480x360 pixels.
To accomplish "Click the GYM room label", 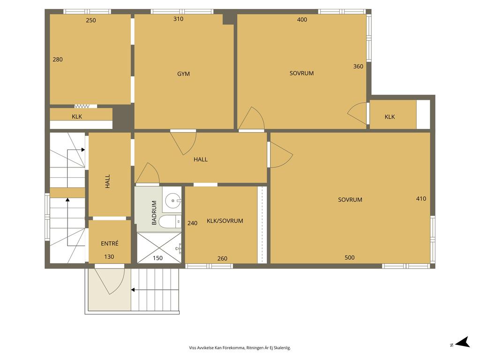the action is pos(183,74).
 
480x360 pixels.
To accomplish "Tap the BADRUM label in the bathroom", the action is pos(154,213).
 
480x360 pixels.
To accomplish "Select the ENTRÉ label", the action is pos(110,243).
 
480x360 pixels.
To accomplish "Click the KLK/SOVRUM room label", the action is pos(225,221).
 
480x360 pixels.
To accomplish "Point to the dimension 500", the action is pos(350,257).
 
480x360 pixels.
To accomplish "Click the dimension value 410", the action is pos(421,198).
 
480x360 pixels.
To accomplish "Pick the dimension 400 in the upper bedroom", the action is pos(302,20).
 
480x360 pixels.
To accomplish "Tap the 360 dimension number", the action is pos(358,66).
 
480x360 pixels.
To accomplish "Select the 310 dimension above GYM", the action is pos(178,19).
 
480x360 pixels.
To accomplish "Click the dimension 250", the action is pos(91,20).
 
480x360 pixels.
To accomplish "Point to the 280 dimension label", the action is pos(58,60).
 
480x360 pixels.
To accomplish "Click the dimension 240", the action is pos(192,223).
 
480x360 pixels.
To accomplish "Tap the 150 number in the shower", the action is pos(157,258).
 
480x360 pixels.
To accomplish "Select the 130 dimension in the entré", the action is pos(109,257).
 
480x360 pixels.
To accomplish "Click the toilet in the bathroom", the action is pos(170,222).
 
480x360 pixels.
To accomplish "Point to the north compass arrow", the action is pos(463,342).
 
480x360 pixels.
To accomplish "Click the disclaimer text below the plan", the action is pos(240,348).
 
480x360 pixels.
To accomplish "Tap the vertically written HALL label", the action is pos(107,181).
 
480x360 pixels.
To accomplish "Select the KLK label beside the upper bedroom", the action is pos(390,117).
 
